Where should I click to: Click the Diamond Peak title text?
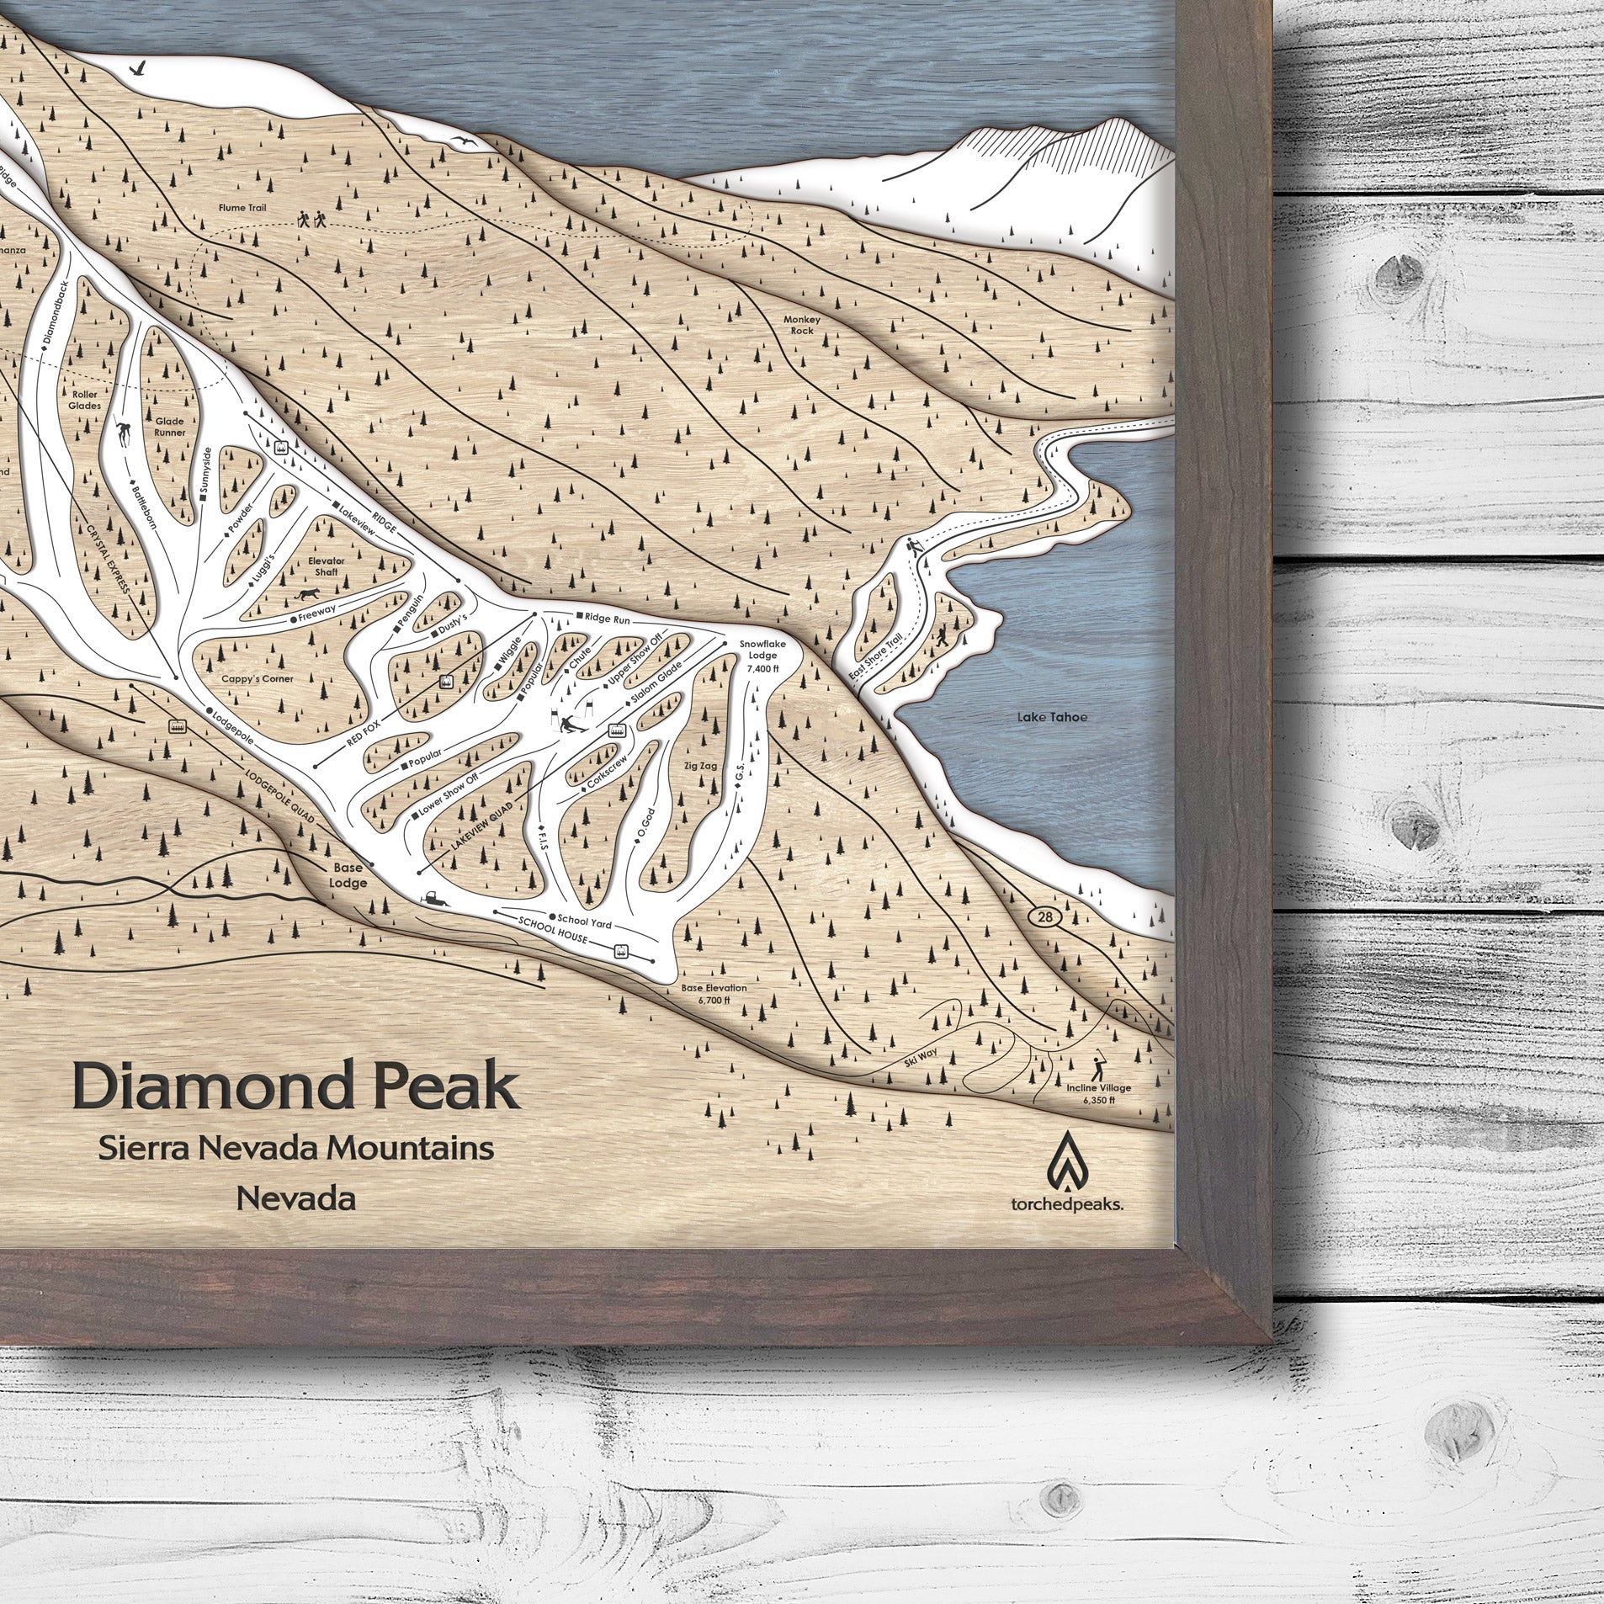295,1087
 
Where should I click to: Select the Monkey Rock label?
800,325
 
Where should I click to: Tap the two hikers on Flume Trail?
311,220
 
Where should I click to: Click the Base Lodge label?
348,874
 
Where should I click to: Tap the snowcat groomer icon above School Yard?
438,899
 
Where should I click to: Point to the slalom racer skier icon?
572,723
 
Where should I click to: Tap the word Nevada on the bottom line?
295,1198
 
